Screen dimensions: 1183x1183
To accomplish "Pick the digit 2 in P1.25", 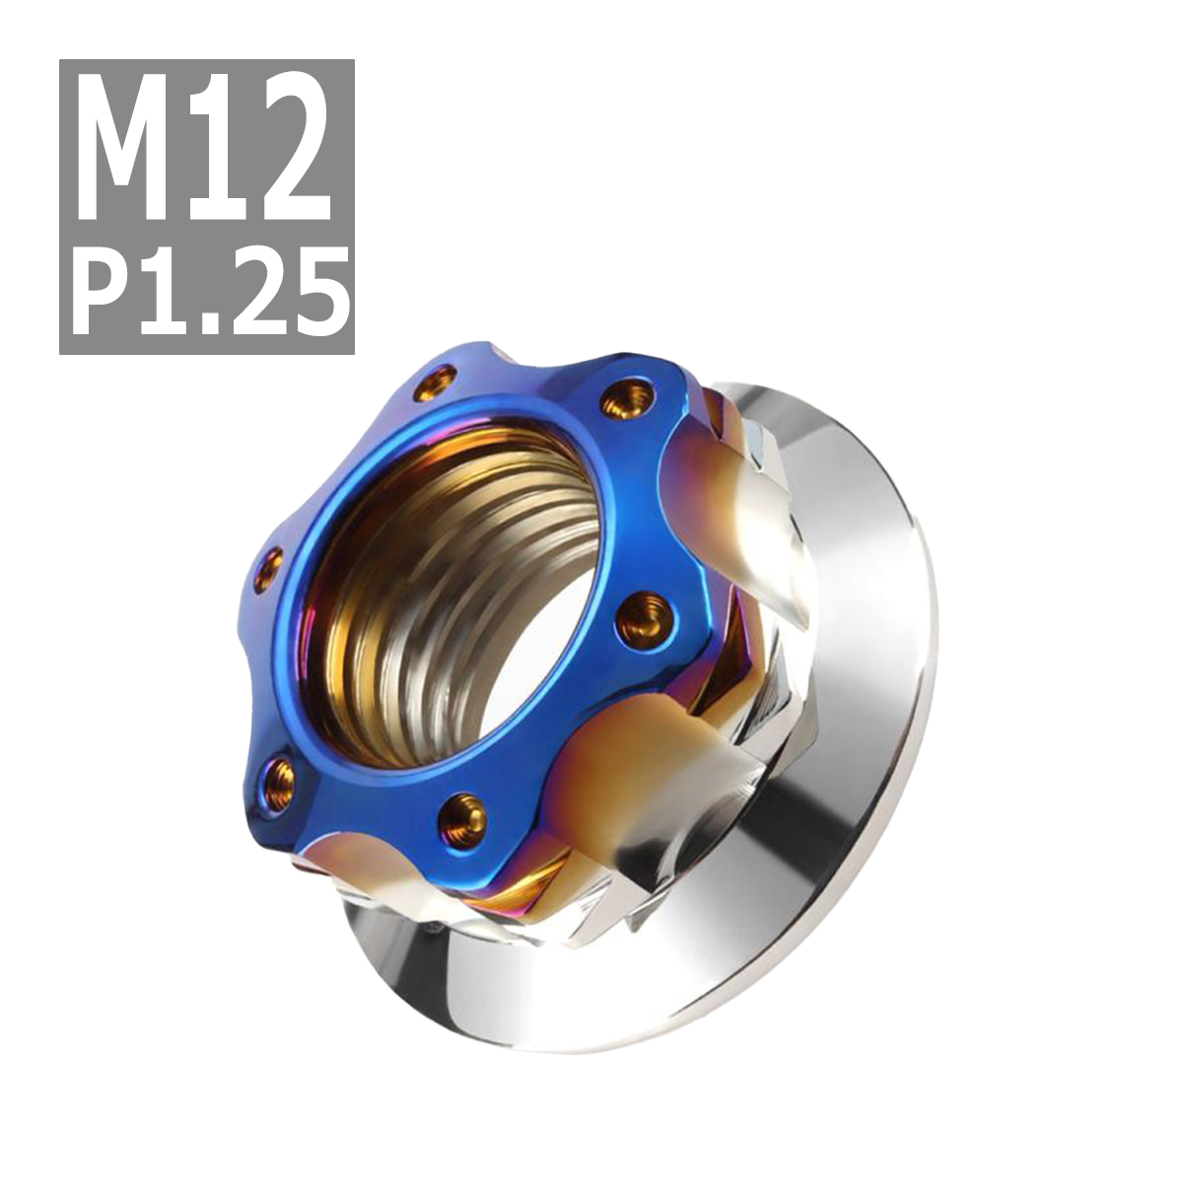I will click(250, 292).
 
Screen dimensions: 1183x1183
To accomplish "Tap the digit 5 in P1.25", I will click(318, 292).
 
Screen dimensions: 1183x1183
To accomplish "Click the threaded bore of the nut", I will click(453, 601).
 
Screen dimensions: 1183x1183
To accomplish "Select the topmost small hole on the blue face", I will click(437, 380).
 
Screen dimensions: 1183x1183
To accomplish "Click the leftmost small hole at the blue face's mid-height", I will click(268, 571).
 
